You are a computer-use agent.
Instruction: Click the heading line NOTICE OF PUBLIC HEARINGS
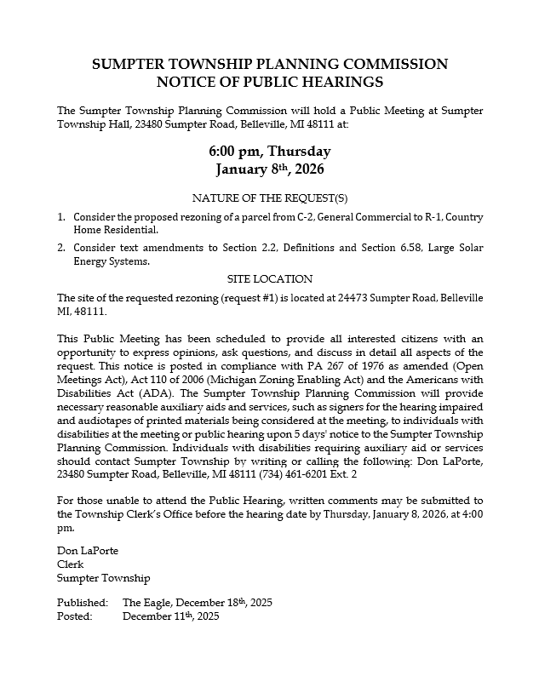[269, 83]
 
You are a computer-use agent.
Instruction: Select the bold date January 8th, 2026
[269, 169]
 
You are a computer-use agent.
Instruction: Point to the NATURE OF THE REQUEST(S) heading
[269, 198]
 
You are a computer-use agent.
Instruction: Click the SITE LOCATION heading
[269, 279]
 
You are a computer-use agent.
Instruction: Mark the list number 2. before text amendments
[61, 247]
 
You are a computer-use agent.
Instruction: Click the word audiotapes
[96, 421]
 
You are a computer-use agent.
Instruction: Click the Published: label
[83, 603]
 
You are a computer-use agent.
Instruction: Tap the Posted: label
[74, 616]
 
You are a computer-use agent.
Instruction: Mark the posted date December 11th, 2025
[170, 616]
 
